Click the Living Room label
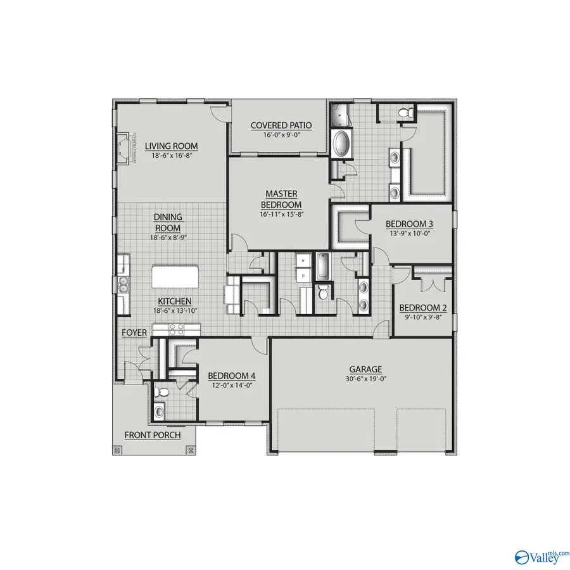pyautogui.click(x=171, y=146)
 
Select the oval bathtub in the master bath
pyautogui.click(x=341, y=143)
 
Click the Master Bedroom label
pyautogui.click(x=282, y=199)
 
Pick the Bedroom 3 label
pyautogui.click(x=410, y=224)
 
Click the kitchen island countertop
pyautogui.click(x=175, y=277)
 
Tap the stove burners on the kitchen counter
pyautogui.click(x=175, y=328)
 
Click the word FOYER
pyautogui.click(x=134, y=332)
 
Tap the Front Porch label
pyautogui.click(x=152, y=435)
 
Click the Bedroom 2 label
pyautogui.click(x=423, y=308)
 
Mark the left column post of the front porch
pyautogui.click(x=116, y=450)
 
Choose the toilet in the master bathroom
pyautogui.click(x=406, y=113)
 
